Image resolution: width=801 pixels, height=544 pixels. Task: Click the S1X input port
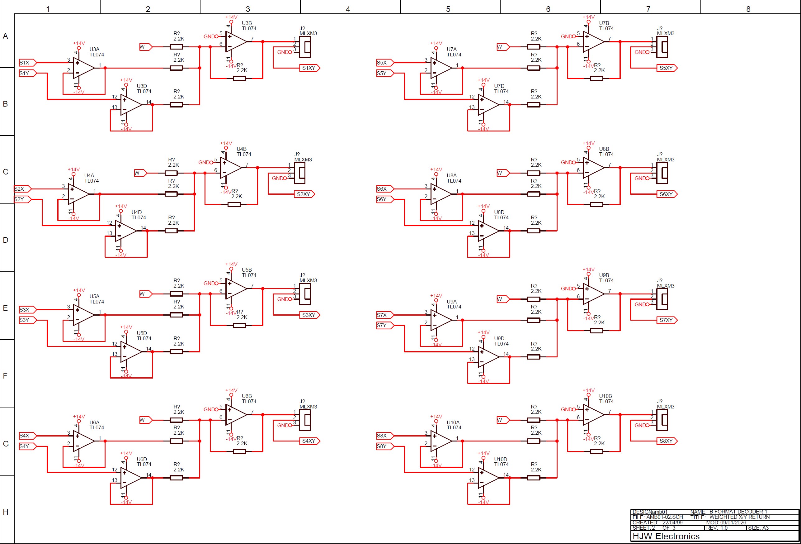(x=27, y=63)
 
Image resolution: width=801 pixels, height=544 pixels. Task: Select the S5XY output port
(x=667, y=68)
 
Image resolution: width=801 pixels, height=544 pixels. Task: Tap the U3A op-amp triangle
(x=83, y=68)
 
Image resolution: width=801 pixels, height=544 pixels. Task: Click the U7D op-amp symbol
(x=488, y=104)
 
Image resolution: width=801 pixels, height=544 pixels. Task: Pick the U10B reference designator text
(x=605, y=396)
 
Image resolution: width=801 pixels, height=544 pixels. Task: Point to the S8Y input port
(x=384, y=446)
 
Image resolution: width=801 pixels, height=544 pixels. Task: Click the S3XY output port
(x=309, y=315)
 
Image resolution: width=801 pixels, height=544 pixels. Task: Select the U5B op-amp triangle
(x=235, y=289)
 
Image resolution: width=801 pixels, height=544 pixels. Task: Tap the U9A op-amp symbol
(x=441, y=320)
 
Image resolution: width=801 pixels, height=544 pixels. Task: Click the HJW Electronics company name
(x=666, y=536)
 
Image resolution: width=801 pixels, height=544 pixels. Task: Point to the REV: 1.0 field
(x=717, y=528)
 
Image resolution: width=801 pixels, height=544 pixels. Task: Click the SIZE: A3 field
(x=758, y=528)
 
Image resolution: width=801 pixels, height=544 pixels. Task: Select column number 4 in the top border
(x=348, y=9)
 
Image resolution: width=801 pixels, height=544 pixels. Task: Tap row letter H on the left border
(x=6, y=512)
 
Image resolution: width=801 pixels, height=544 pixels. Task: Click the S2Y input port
(x=22, y=199)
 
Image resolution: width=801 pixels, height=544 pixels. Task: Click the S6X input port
(x=384, y=189)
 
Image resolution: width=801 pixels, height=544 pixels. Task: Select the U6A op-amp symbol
(x=83, y=441)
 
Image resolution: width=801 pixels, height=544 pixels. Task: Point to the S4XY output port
(x=309, y=441)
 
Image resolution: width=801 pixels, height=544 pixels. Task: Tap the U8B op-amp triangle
(x=593, y=168)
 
